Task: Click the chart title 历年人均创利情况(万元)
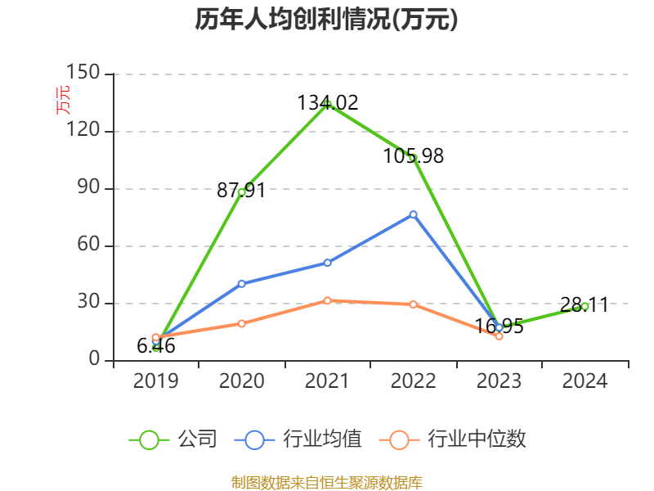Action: pos(326,20)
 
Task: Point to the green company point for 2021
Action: pos(327,104)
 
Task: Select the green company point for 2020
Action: pos(241,191)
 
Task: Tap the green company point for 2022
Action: pos(413,157)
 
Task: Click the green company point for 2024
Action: pos(585,306)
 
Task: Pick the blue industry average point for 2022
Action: pos(413,214)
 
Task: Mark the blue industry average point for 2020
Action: pos(241,284)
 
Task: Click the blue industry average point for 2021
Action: pos(327,263)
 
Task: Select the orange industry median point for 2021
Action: pos(327,300)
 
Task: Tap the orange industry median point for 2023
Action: pos(499,336)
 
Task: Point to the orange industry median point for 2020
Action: pos(241,323)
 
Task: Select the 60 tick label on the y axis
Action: pos(88,245)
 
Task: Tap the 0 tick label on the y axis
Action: pos(95,360)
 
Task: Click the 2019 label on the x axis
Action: pos(155,381)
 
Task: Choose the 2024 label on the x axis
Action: pos(585,381)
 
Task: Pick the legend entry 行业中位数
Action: pos(454,439)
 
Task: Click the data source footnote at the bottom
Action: pos(326,482)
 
